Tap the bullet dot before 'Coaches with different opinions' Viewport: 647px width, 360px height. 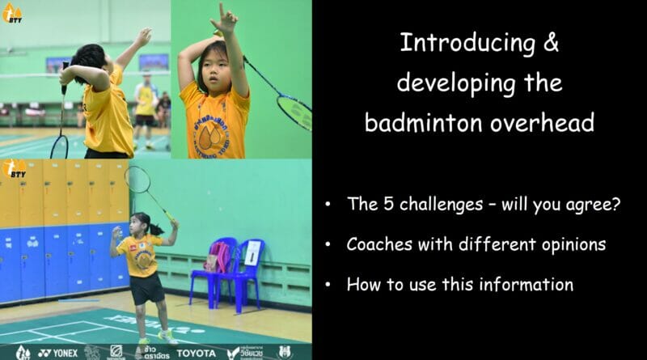pyautogui.click(x=327, y=245)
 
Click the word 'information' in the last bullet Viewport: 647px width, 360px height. pyautogui.click(x=530, y=284)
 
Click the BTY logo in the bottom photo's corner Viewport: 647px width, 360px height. pyautogui.click(x=14, y=170)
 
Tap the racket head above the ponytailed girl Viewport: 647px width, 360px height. pyautogui.click(x=137, y=180)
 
